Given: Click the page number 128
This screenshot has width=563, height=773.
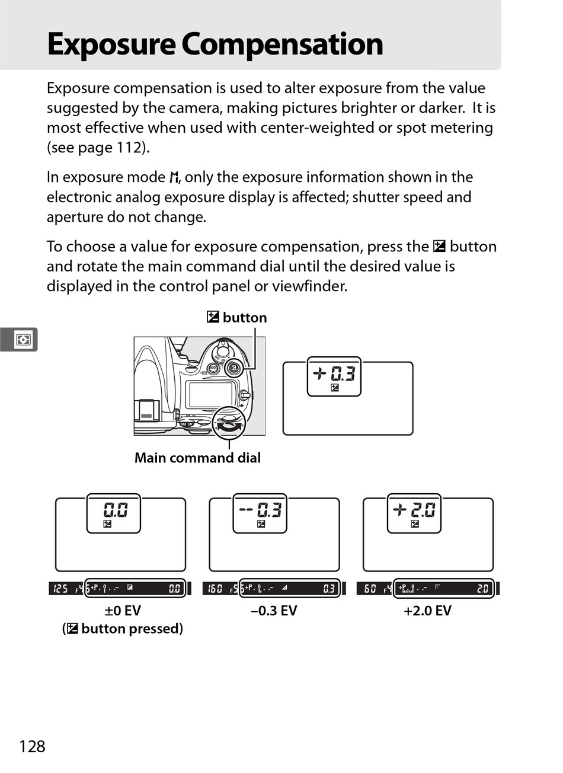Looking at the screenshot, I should pos(32,746).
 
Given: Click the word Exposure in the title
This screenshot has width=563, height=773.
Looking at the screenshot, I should pos(111,44).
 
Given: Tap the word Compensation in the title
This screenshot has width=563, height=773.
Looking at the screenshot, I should pos(283,44).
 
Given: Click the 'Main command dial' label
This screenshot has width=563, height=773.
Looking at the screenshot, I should pos(197,458).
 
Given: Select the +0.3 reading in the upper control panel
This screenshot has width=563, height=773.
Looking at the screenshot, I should pos(335,373).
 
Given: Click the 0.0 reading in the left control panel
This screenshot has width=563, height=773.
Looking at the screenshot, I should pos(115,510).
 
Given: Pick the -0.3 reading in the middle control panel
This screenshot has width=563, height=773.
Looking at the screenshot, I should pos(260,510).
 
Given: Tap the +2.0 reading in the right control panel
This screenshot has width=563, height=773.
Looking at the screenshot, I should pos(414,510).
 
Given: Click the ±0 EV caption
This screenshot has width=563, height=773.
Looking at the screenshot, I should pos(123,611).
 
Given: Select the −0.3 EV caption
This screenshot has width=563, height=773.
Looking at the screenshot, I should pos(274,611).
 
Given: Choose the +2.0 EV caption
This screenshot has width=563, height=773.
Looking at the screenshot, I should pos(427,611).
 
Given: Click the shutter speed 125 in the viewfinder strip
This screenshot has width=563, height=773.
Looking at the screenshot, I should pos(60,589).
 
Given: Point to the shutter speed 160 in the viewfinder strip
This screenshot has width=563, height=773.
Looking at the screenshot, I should pos(215,589).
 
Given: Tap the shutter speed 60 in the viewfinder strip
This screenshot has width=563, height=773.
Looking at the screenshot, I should pos(370,589).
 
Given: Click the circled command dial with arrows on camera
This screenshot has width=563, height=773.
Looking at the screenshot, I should pos(229,423).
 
